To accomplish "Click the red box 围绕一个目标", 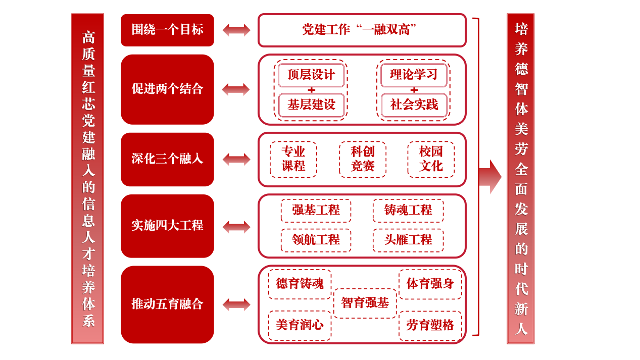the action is pyautogui.click(x=167, y=30).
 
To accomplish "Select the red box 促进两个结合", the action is pyautogui.click(x=167, y=89).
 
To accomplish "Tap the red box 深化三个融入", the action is pyautogui.click(x=167, y=160).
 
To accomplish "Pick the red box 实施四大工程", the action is pyautogui.click(x=167, y=226).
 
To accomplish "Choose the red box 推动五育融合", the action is pyautogui.click(x=167, y=304).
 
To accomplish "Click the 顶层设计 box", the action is pyautogui.click(x=311, y=75).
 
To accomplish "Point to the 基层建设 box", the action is pyautogui.click(x=311, y=105).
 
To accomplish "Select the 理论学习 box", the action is pyautogui.click(x=414, y=75).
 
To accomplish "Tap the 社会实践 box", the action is pyautogui.click(x=414, y=105).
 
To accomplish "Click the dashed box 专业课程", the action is pyautogui.click(x=293, y=160).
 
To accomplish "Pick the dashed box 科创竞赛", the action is pyautogui.click(x=363, y=160).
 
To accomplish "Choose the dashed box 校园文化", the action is pyautogui.click(x=431, y=160).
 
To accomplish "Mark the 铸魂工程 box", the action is pyautogui.click(x=408, y=211).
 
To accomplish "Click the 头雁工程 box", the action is pyautogui.click(x=408, y=240).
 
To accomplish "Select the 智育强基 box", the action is pyautogui.click(x=365, y=303).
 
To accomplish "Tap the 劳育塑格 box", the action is pyautogui.click(x=430, y=326).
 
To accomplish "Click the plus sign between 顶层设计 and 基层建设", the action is pyautogui.click(x=312, y=90).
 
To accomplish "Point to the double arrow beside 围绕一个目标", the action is pyautogui.click(x=236, y=30).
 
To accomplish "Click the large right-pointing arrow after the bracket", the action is pyautogui.click(x=490, y=177).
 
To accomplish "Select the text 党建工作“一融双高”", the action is pyautogui.click(x=359, y=30).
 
